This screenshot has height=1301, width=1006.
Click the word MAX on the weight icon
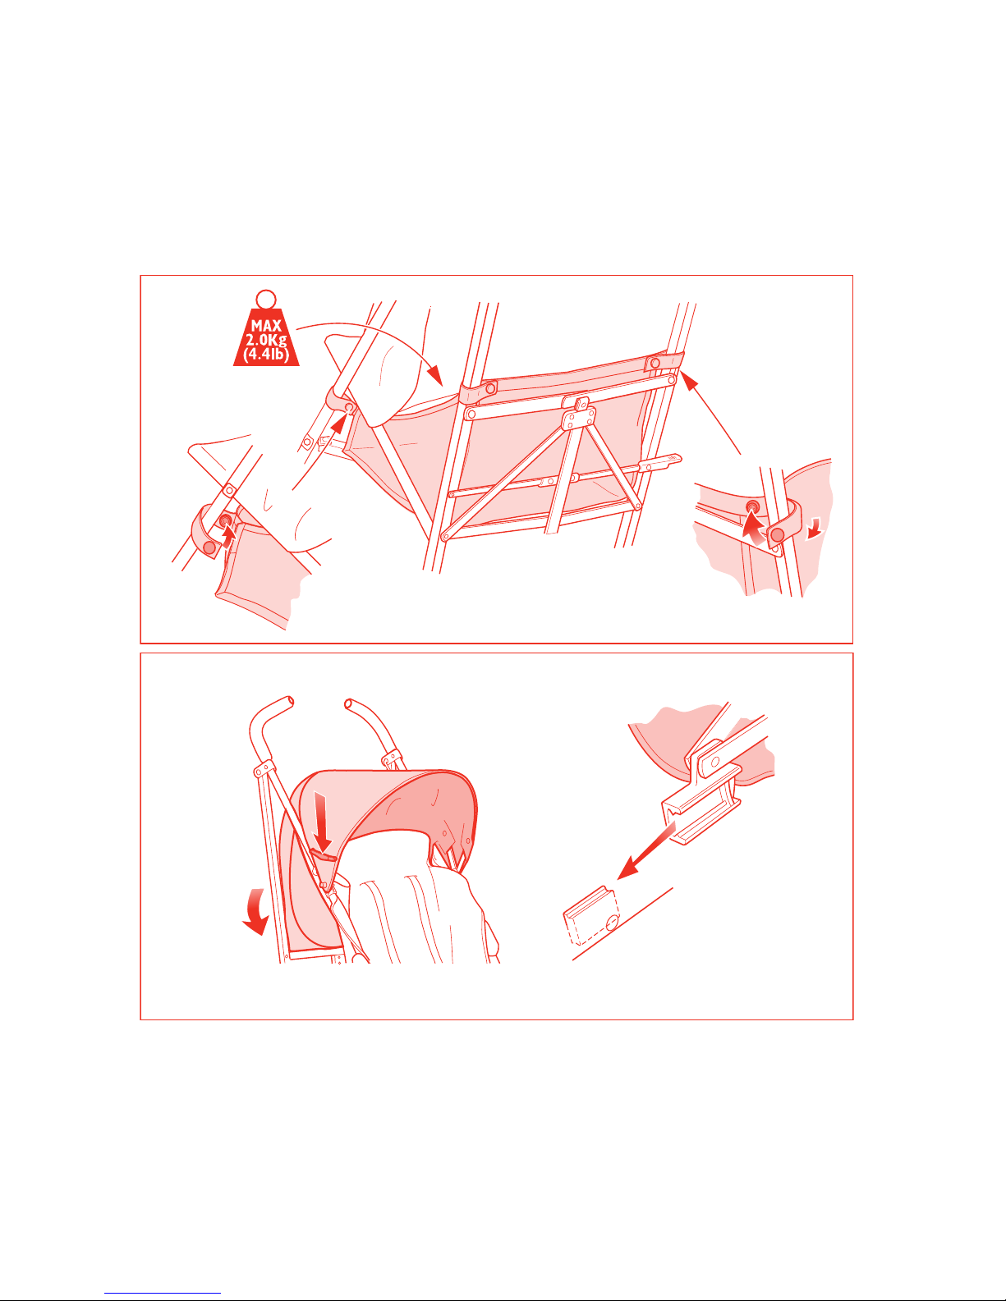point(266,326)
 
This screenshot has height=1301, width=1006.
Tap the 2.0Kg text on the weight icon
point(266,340)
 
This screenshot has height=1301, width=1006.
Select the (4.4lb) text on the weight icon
point(266,355)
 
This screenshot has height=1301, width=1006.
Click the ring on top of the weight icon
point(266,299)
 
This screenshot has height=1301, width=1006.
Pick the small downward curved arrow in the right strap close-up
point(815,528)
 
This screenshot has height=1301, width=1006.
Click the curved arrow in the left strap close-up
point(227,534)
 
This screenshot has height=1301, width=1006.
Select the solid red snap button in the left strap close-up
point(209,547)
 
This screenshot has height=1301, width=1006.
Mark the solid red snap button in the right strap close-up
point(777,534)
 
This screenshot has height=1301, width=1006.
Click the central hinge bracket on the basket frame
point(578,414)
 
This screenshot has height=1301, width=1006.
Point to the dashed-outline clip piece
point(592,916)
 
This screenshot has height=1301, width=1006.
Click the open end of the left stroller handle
point(291,702)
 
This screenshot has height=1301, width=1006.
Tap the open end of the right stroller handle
point(348,704)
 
